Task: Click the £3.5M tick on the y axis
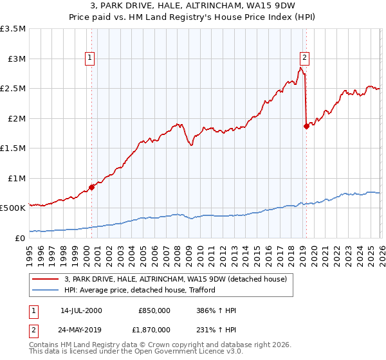pos(13,29)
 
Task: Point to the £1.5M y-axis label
pos(13,148)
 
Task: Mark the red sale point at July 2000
pos(91,187)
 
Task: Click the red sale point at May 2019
pos(306,127)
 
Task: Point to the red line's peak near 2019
pos(300,67)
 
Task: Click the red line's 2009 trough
pos(191,146)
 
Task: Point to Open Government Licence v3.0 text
pos(190,352)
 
